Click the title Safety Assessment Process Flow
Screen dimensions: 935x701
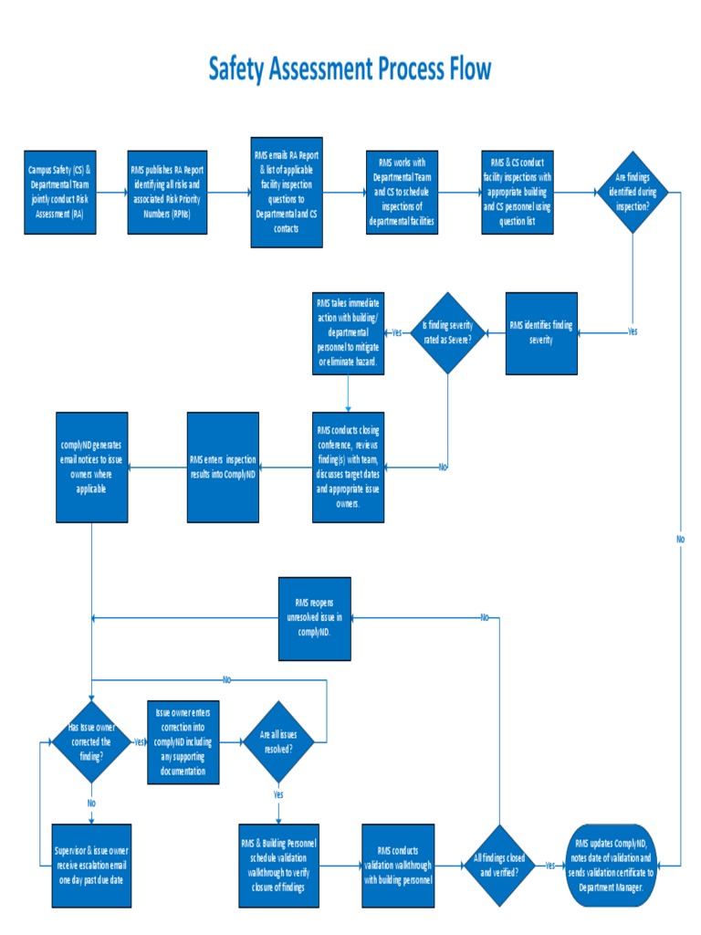coord(350,69)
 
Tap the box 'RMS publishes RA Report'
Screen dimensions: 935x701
coord(167,193)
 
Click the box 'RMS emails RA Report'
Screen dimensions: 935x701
coord(287,193)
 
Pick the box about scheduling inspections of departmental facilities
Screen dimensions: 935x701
coord(403,193)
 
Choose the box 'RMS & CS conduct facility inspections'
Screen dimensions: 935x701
coord(518,193)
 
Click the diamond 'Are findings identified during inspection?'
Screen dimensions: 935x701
coord(632,193)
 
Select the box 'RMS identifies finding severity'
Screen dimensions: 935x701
coord(541,332)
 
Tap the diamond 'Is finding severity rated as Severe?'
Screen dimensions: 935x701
coord(447,332)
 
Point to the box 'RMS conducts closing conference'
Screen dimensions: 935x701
coord(348,467)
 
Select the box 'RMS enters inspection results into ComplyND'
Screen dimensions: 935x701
coord(223,467)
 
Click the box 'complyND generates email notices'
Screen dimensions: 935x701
coord(91,467)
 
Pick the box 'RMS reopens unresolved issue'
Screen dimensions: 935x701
coord(314,618)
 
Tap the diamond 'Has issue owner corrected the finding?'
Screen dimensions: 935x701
coord(91,741)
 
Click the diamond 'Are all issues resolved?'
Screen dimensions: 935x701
coord(278,741)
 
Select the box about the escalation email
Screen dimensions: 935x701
coord(91,866)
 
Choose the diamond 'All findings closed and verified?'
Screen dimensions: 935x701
coord(498,865)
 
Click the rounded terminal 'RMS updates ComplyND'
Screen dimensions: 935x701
coord(612,865)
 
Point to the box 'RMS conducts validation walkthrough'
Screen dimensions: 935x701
coord(398,866)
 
